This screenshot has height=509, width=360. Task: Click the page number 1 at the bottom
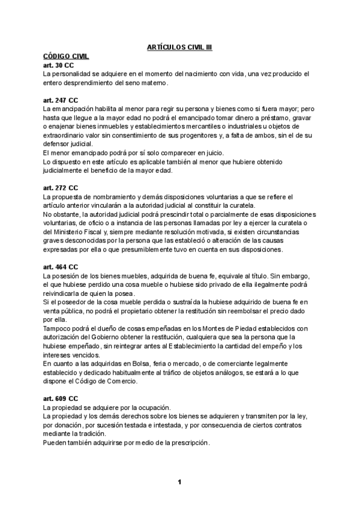pos(179,482)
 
